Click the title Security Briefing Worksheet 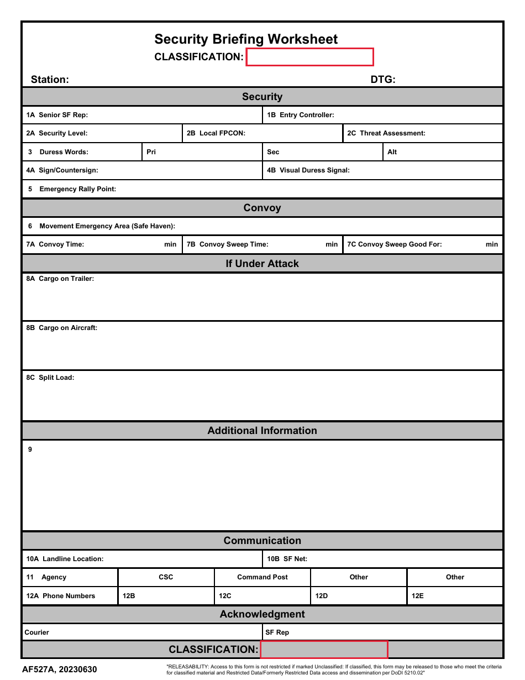[x=246, y=39]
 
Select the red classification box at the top [x=309, y=57]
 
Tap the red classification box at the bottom [x=324, y=650]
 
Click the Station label [x=50, y=80]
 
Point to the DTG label [x=383, y=80]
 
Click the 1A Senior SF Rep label [x=57, y=115]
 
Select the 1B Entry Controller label [x=301, y=115]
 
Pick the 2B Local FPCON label [x=216, y=133]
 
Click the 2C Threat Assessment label [x=386, y=133]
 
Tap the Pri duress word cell [x=202, y=152]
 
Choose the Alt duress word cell [x=443, y=152]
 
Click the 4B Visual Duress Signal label [x=308, y=170]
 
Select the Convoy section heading [x=262, y=208]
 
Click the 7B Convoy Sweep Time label [x=227, y=244]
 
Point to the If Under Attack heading [x=262, y=264]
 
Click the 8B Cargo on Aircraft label [x=61, y=328]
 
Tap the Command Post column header [x=262, y=577]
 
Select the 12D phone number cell [x=359, y=596]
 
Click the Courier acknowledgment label [x=37, y=632]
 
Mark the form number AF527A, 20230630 [x=59, y=669]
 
